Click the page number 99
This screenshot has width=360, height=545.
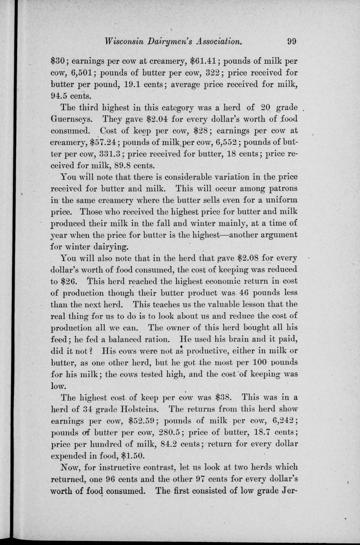click(x=292, y=41)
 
